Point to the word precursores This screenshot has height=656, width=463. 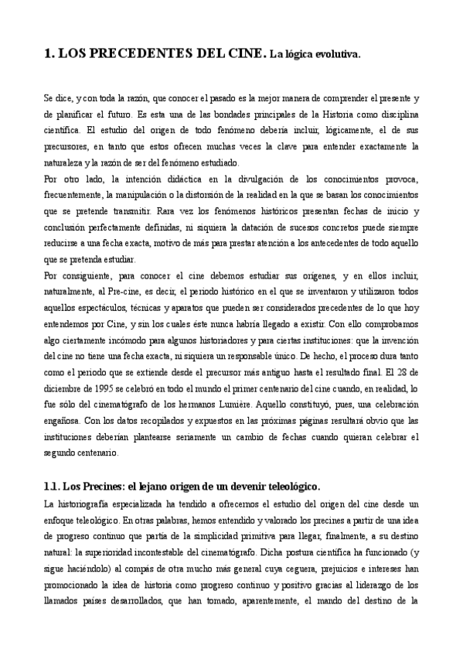coord(69,147)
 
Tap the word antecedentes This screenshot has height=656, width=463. coord(342,244)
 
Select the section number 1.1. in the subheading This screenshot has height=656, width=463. coord(53,486)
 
